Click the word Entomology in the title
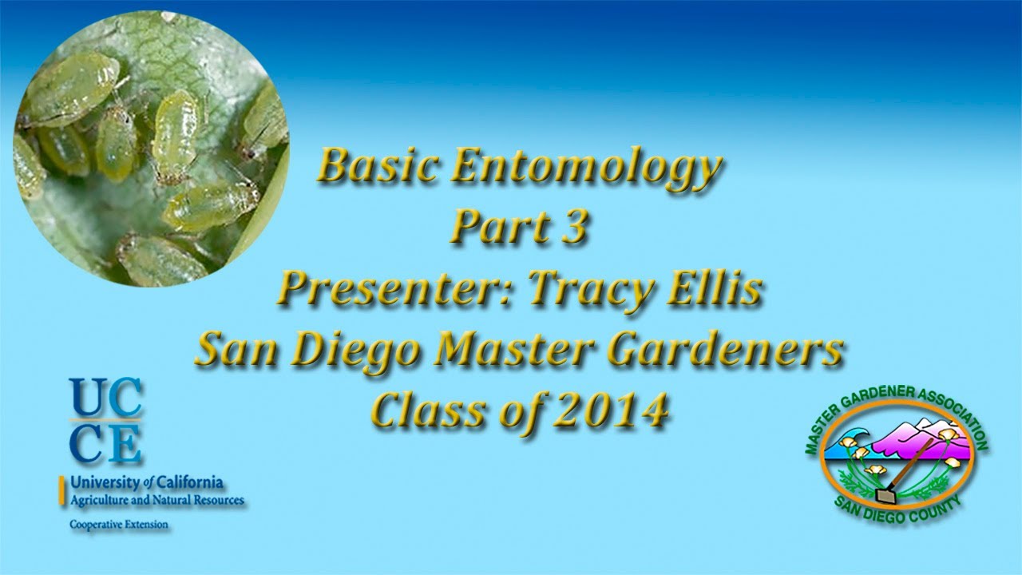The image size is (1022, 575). tap(587, 168)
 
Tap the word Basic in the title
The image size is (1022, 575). tap(376, 168)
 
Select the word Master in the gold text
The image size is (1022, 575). tap(513, 350)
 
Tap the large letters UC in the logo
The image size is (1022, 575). tap(105, 398)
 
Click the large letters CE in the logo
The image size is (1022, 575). tap(105, 443)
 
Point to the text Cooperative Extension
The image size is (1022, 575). tap(120, 525)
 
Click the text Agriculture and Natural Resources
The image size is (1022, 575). tap(157, 501)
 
